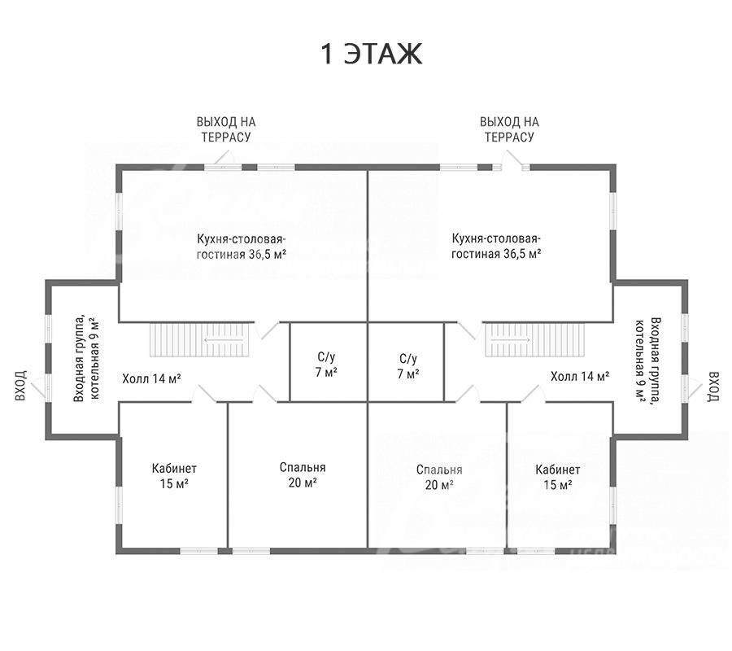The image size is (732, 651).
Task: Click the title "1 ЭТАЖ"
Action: click(x=371, y=54)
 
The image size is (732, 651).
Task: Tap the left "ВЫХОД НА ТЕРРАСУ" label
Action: click(x=226, y=129)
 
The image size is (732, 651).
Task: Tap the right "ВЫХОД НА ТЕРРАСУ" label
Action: click(x=509, y=129)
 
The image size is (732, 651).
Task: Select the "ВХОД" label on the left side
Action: click(x=21, y=385)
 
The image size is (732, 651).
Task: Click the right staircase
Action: click(x=535, y=340)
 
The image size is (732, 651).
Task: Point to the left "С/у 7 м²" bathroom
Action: click(x=327, y=365)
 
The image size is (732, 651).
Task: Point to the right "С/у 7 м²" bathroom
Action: click(x=406, y=365)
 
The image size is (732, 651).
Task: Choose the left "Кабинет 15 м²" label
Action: click(x=174, y=475)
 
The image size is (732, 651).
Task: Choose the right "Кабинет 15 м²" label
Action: click(x=557, y=477)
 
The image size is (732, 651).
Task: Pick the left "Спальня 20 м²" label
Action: click(x=303, y=474)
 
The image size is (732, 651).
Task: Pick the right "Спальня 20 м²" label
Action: click(x=439, y=477)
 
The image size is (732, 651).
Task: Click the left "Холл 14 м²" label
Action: click(x=152, y=378)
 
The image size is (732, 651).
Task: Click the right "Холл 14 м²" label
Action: click(x=580, y=377)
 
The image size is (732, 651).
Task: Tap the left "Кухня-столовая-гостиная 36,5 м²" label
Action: click(x=242, y=247)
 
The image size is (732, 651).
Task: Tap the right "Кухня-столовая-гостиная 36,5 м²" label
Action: click(x=496, y=246)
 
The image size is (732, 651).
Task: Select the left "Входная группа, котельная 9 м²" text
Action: click(x=87, y=359)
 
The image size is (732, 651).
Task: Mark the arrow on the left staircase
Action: click(x=224, y=340)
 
